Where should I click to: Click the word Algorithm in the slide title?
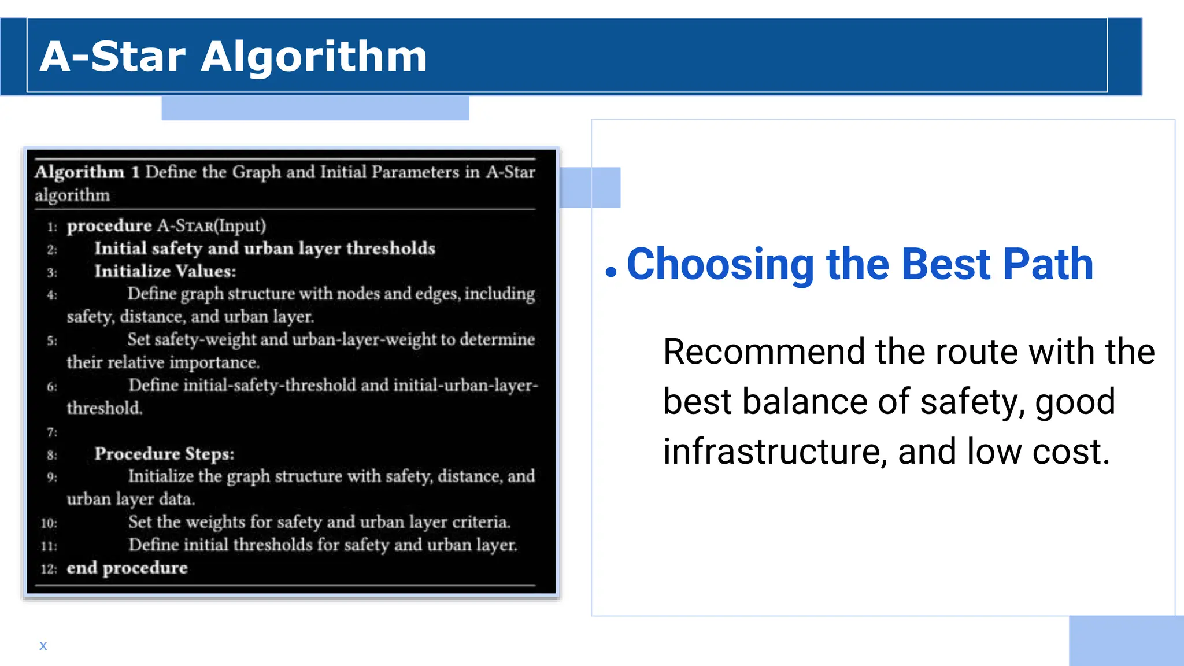pyautogui.click(x=314, y=57)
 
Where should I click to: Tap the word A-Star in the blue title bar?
pyautogui.click(x=113, y=57)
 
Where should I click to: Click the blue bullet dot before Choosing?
pyautogui.click(x=611, y=271)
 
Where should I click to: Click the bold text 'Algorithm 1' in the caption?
pyautogui.click(x=87, y=172)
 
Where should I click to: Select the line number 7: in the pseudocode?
pyautogui.click(x=52, y=432)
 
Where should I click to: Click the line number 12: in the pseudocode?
pyautogui.click(x=49, y=569)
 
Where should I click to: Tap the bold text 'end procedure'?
pyautogui.click(x=127, y=568)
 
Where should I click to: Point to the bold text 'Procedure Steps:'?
pyautogui.click(x=164, y=454)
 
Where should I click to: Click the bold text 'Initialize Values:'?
pyautogui.click(x=165, y=271)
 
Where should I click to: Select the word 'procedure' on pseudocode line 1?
pyautogui.click(x=109, y=225)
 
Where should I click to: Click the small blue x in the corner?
pyautogui.click(x=43, y=646)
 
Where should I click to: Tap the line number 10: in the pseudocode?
pyautogui.click(x=49, y=523)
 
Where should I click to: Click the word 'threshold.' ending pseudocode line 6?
pyautogui.click(x=104, y=408)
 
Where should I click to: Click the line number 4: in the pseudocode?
pyautogui.click(x=52, y=295)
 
